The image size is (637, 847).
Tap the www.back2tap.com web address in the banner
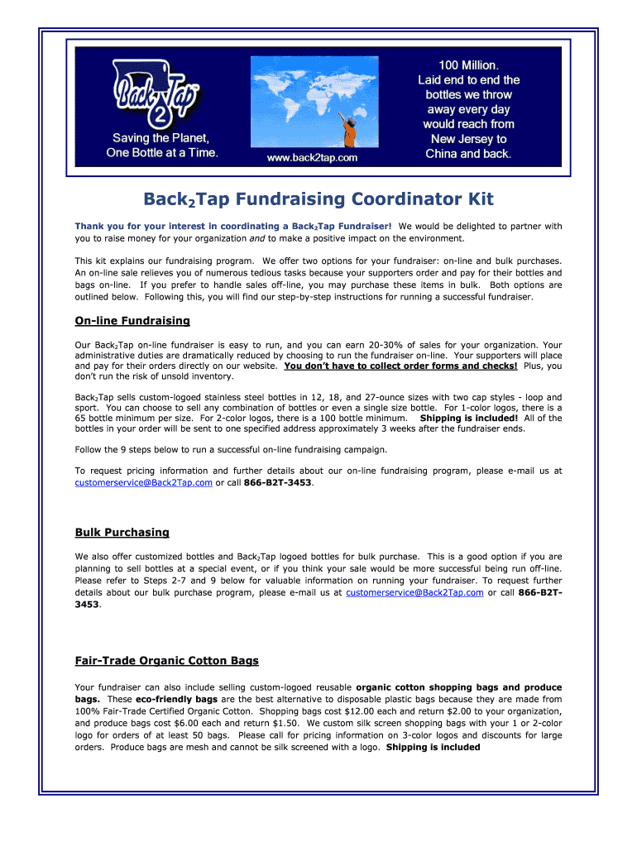click(312, 157)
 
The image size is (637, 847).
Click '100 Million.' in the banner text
click(468, 65)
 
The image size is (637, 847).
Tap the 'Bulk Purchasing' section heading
click(122, 532)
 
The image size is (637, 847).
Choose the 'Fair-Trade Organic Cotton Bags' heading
click(166, 660)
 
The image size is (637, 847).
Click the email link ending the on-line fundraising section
click(143, 481)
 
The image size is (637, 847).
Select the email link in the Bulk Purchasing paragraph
click(414, 592)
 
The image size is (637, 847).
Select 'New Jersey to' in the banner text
click(468, 139)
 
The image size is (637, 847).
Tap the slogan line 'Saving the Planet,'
click(161, 137)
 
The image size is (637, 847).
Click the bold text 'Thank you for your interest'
click(145, 226)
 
